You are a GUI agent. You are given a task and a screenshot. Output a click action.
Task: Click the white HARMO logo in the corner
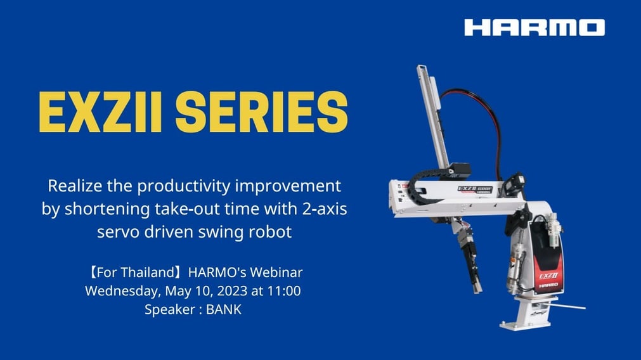pyautogui.click(x=534, y=27)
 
